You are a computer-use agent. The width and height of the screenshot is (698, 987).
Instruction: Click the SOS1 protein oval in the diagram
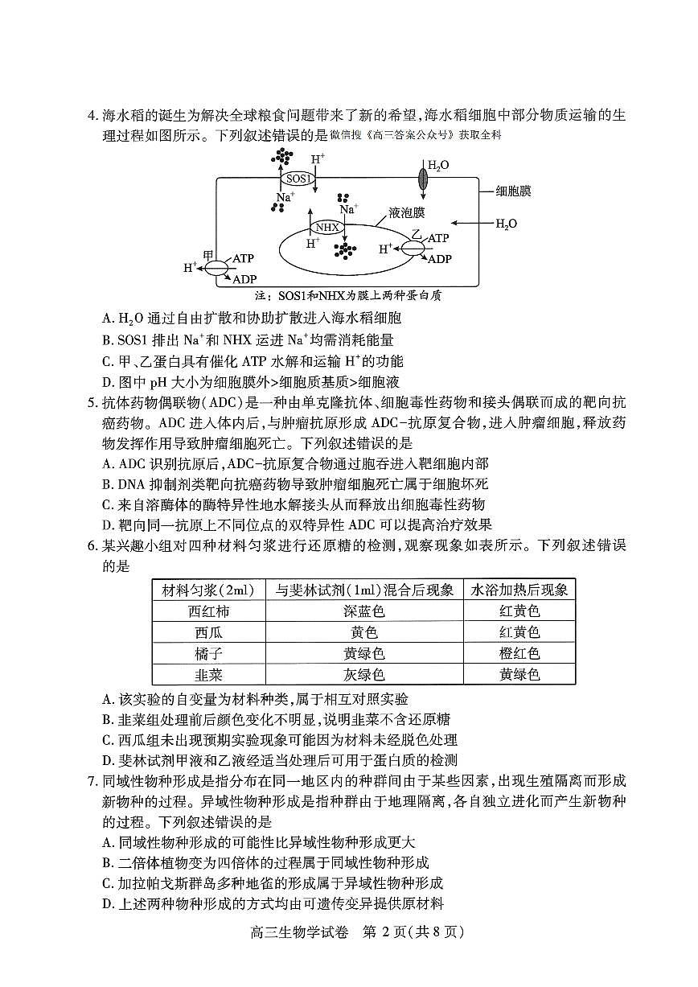click(297, 179)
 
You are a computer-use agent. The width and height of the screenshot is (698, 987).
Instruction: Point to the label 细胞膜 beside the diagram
click(514, 191)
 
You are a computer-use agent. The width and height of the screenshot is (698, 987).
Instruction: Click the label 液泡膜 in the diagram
click(407, 212)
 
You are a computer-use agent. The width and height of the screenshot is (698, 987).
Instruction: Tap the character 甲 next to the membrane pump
click(209, 254)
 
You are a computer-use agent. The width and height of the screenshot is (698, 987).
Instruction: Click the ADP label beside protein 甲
click(244, 278)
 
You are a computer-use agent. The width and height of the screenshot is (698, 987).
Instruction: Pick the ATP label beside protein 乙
click(438, 238)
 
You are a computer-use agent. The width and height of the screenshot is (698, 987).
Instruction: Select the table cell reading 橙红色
click(519, 653)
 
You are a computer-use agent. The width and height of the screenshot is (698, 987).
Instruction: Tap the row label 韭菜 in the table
click(208, 674)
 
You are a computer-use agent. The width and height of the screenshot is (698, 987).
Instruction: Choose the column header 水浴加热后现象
click(519, 590)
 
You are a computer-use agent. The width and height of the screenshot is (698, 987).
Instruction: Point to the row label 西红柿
click(208, 611)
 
